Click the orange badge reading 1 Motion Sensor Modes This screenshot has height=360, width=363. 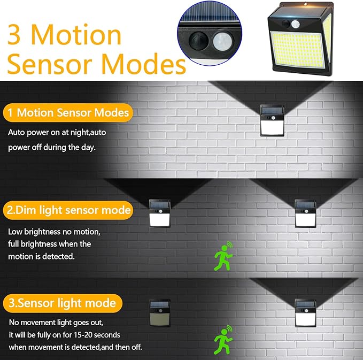point(67,113)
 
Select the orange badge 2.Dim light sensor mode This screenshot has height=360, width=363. point(67,210)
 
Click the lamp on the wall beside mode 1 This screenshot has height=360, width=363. point(272,120)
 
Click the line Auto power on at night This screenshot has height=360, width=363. point(52,132)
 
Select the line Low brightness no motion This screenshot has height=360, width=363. point(54,232)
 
